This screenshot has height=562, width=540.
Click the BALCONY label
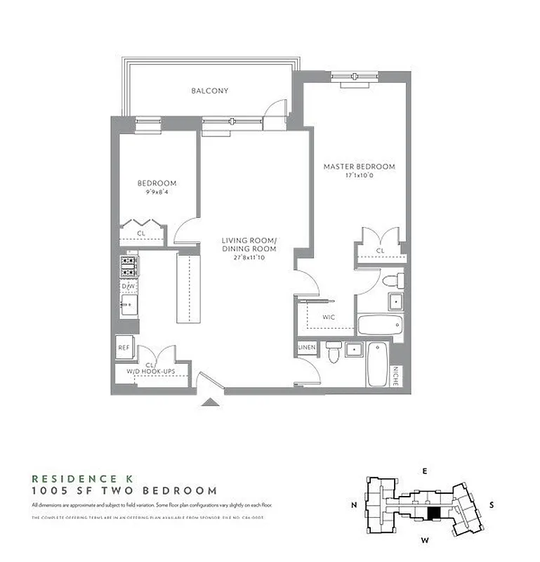coord(209,91)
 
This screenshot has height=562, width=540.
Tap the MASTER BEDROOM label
coord(359,166)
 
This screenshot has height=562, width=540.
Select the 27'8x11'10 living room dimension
coord(249,258)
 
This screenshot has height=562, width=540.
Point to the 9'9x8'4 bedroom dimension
coord(156,192)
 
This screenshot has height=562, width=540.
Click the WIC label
coord(328,317)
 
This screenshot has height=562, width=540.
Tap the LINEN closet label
coord(307,348)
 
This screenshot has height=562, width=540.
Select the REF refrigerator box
coord(123,347)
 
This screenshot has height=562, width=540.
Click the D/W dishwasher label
coord(128,287)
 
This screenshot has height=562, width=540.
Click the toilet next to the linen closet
coord(334,352)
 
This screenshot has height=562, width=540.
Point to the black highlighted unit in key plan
coord(436,514)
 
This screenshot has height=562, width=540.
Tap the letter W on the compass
coord(424,540)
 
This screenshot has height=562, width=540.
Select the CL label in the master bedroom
coord(380,250)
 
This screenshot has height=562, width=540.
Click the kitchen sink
coord(129,304)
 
